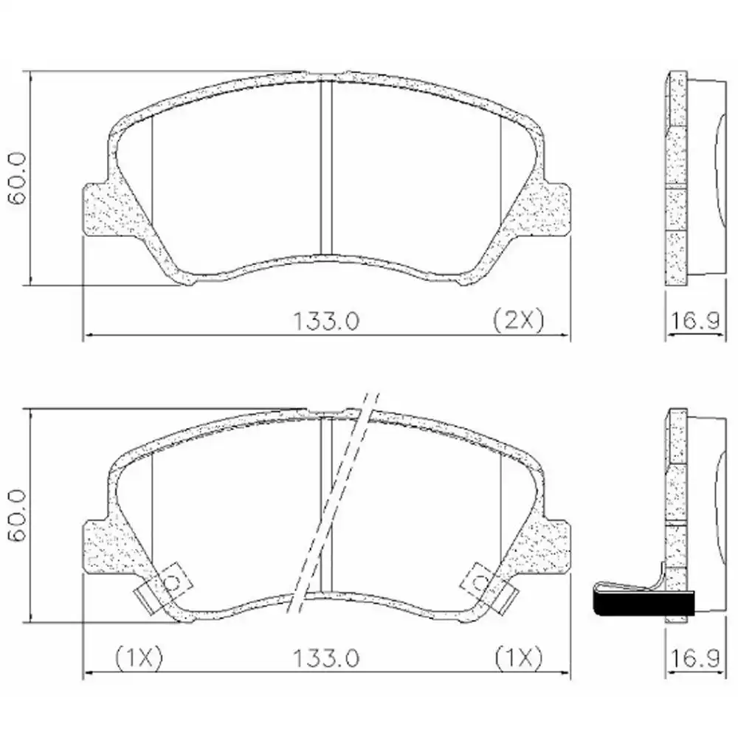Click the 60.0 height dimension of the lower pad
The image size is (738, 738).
point(16,514)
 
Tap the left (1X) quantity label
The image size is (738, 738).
point(139,656)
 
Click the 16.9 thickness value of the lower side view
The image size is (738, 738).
point(696,656)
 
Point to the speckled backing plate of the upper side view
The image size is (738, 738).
point(676,177)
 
